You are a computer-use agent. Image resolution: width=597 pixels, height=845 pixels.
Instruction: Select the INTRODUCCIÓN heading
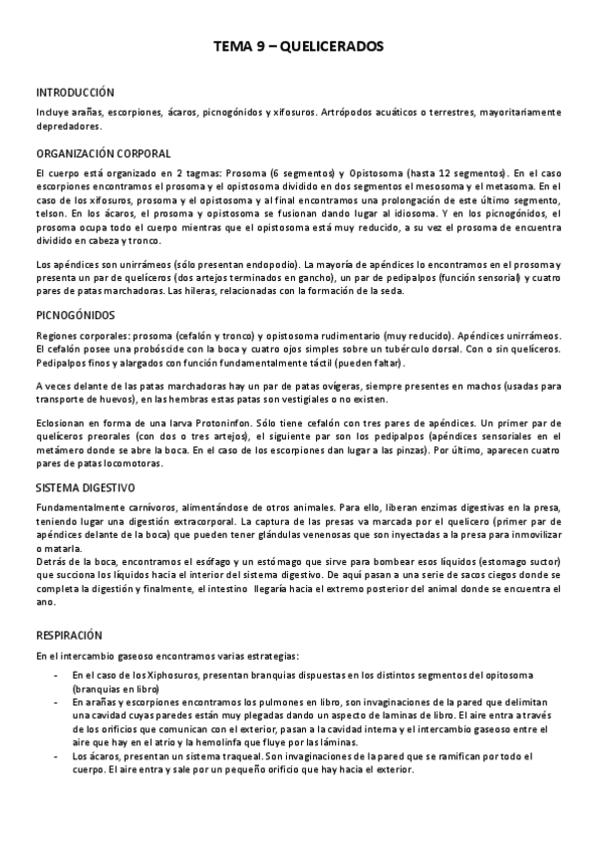[75, 92]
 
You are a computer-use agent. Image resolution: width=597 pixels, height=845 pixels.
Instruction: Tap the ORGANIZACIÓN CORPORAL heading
[103, 154]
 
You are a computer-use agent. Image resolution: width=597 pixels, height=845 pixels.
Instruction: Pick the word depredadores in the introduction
[67, 127]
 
